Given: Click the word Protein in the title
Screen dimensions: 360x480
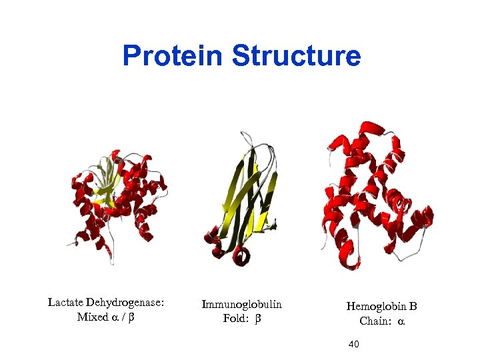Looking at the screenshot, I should coord(173,56).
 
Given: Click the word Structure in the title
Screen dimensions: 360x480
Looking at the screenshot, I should coord(297,56).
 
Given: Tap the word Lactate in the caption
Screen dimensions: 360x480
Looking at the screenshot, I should coord(67,303).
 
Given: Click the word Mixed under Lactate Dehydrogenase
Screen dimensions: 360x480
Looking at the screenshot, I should coord(92,317).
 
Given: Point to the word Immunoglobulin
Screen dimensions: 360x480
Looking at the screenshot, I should coord(242,305).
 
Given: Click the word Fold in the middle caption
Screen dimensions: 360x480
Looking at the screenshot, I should coord(235,319).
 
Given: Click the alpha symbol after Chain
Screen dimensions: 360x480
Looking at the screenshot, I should coord(401,322).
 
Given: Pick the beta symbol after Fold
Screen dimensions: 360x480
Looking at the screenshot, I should coord(257,319).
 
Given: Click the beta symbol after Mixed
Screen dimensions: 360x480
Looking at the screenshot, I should coord(131,318).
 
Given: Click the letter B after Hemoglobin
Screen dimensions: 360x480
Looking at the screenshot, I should coord(413,307).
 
